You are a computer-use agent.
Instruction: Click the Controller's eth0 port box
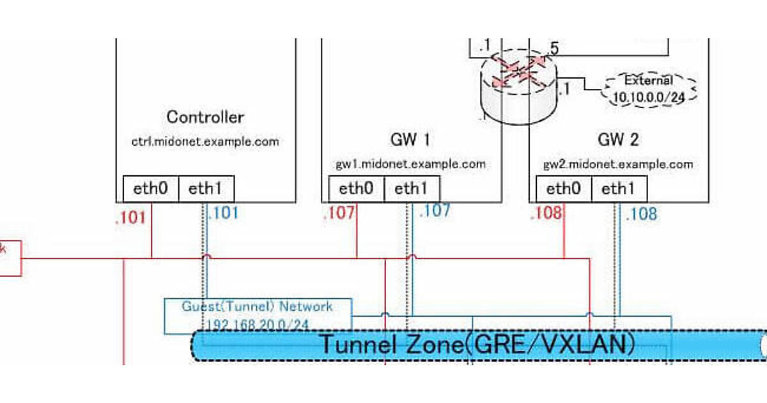coord(151,189)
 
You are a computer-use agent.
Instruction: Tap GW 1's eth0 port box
coord(356,189)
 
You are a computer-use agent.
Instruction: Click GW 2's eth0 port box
coord(564,189)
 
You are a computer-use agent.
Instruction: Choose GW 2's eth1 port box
coord(619,189)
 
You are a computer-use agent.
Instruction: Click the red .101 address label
coord(130,217)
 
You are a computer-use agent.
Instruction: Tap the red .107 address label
coord(339,214)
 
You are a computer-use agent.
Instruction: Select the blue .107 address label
coord(435,210)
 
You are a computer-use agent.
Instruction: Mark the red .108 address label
coord(546,213)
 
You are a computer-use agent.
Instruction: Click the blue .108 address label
coord(641,214)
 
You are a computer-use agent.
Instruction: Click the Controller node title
coord(205,117)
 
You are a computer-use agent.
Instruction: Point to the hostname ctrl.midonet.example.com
coord(205,141)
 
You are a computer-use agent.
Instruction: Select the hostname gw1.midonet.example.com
coord(411,164)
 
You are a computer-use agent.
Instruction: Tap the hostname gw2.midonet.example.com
coord(618,164)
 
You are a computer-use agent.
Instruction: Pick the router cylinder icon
coord(518,86)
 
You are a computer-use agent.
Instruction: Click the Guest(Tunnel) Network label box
coord(258,315)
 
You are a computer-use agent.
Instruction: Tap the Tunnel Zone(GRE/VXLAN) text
coord(477,345)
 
